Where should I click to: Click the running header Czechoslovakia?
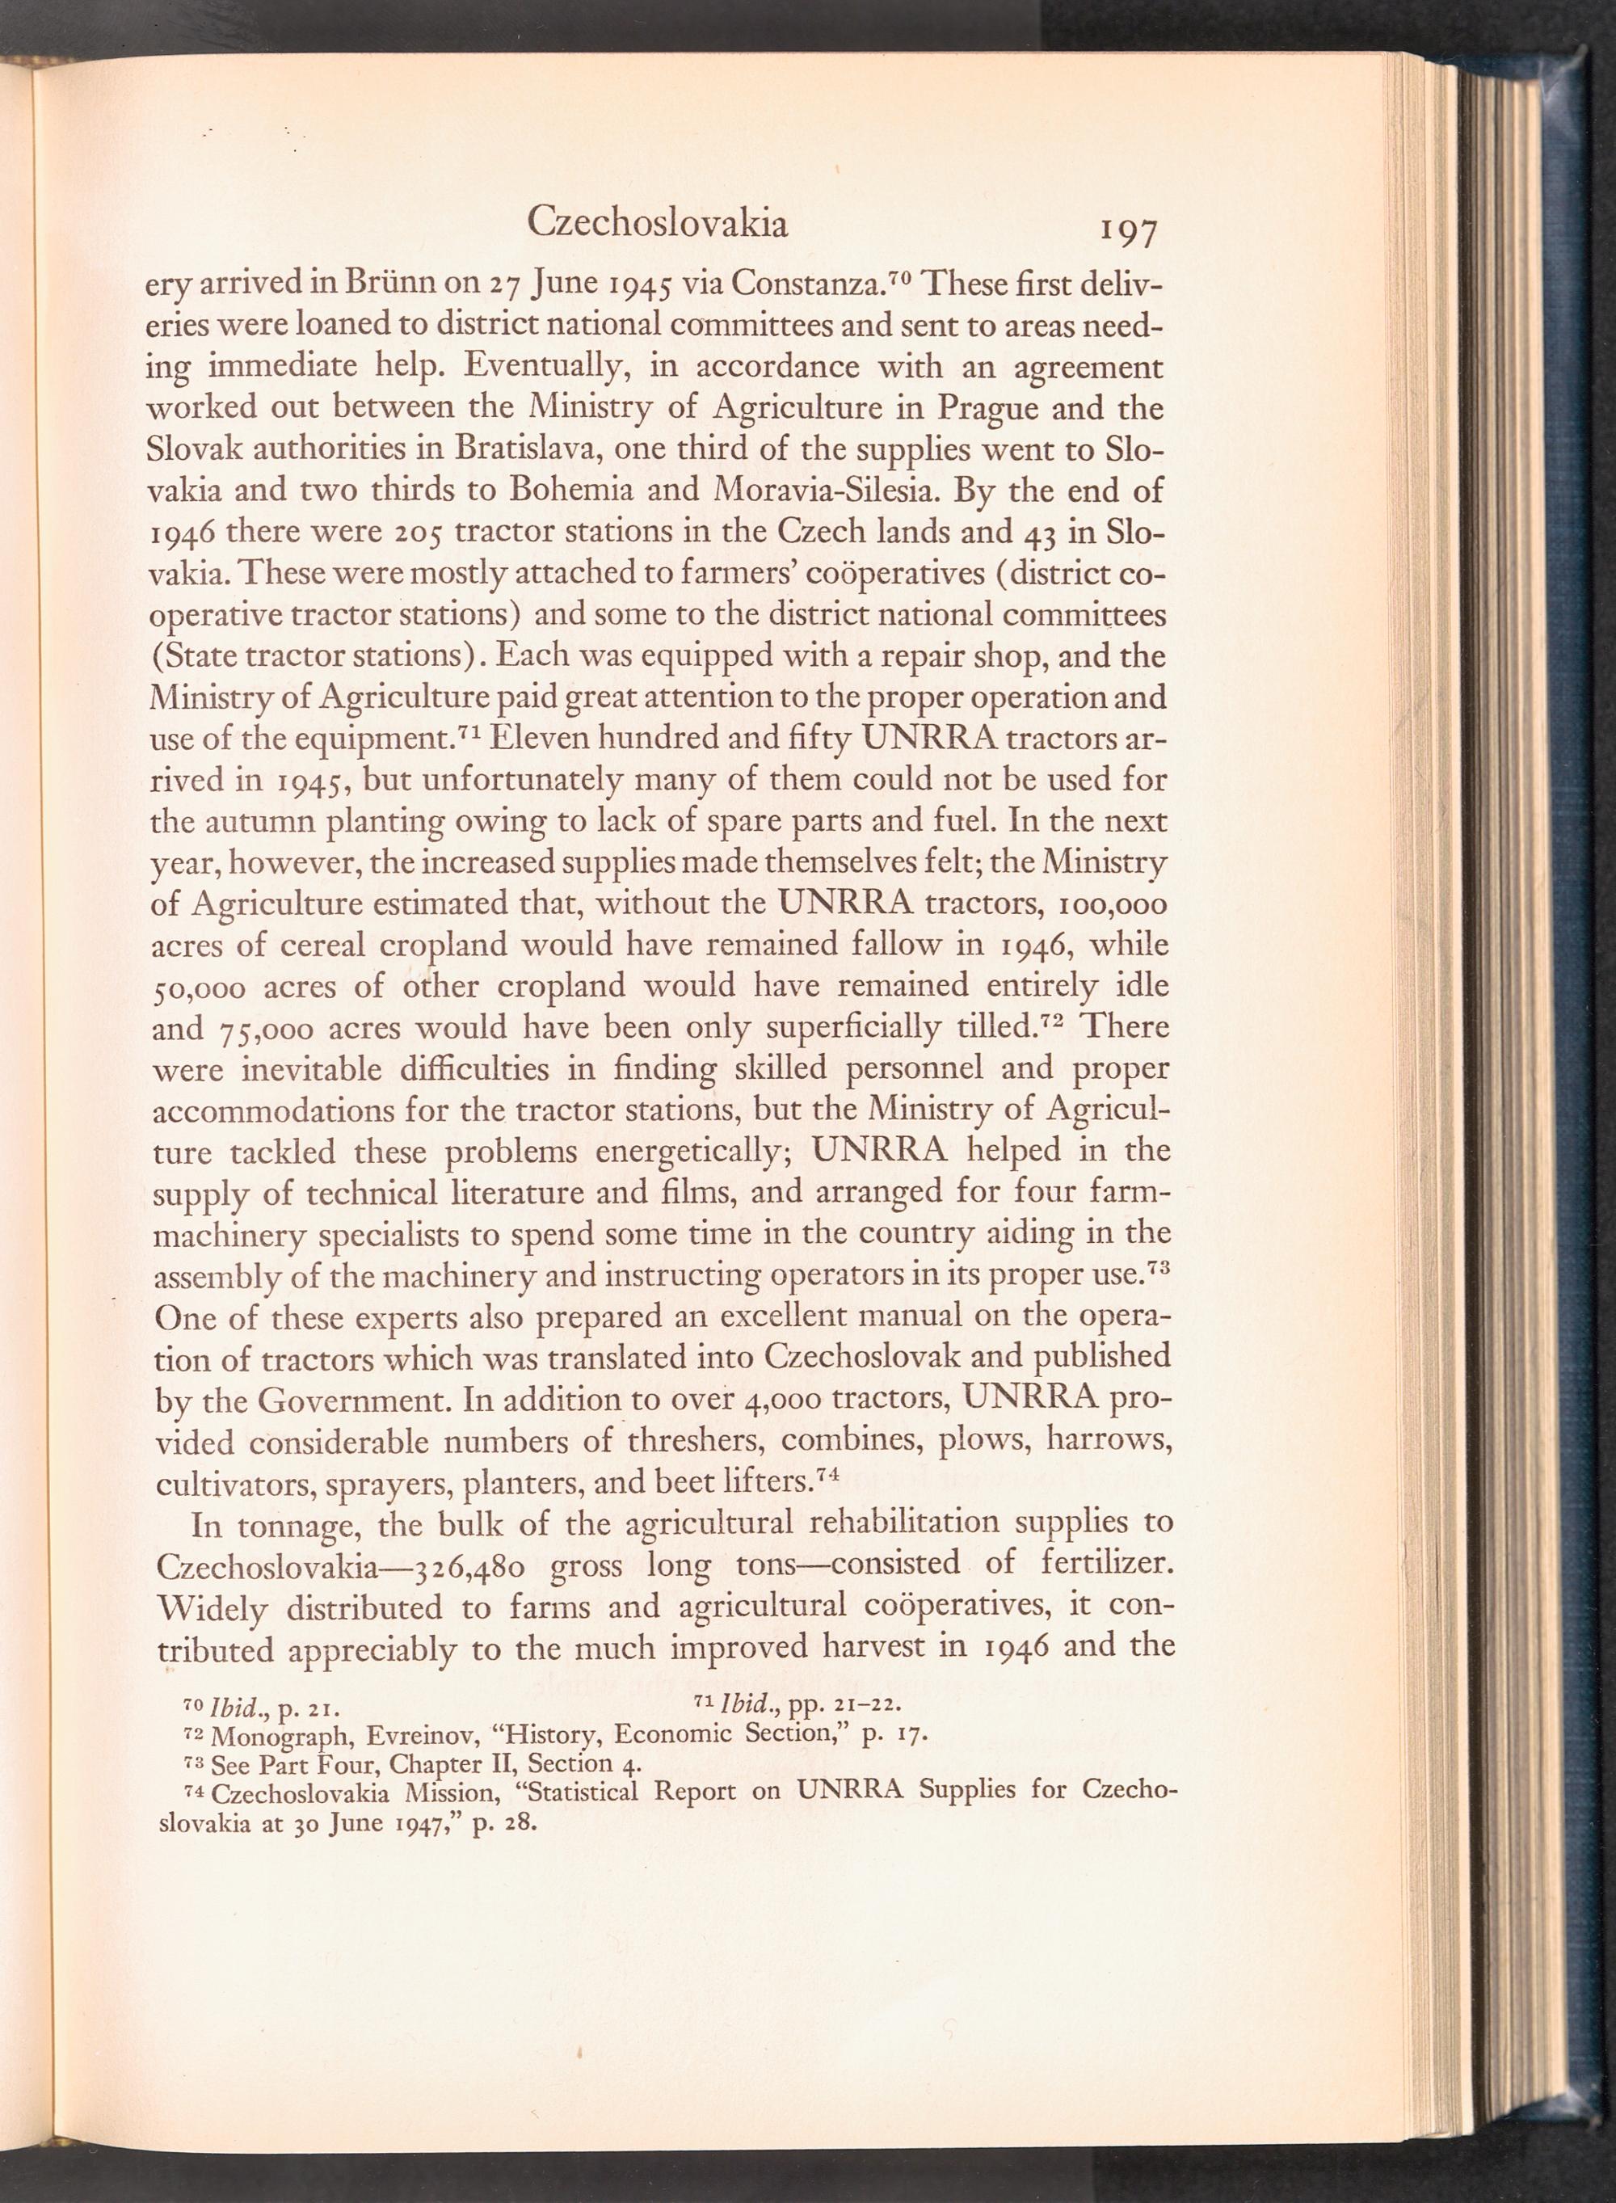[x=658, y=224]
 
